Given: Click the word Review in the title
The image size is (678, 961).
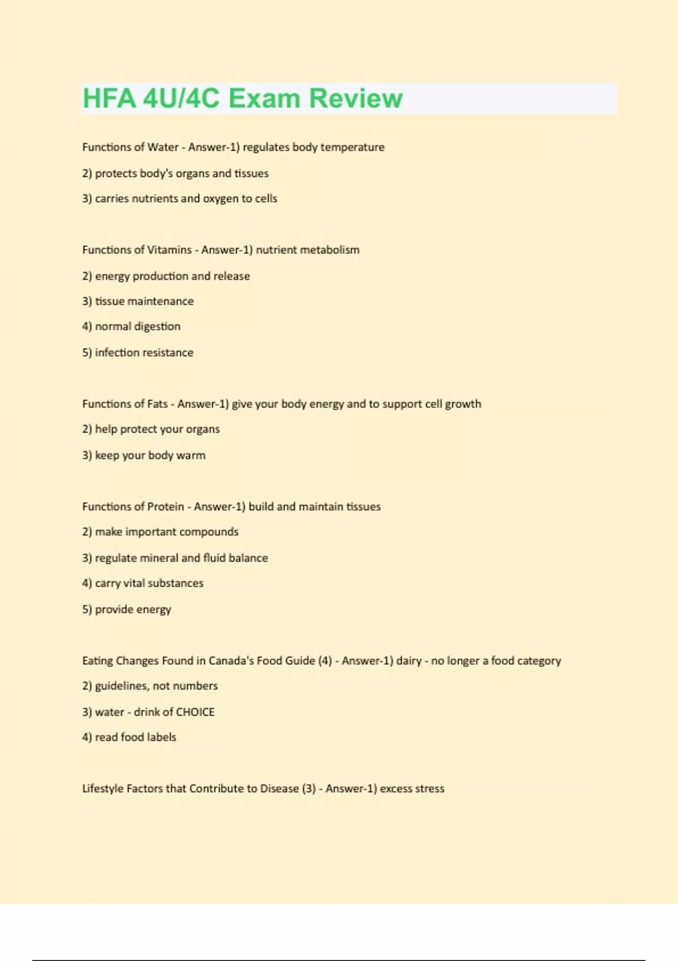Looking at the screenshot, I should click(356, 98).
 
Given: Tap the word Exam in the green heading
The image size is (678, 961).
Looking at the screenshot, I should click(264, 98).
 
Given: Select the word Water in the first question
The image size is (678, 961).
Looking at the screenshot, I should click(163, 147).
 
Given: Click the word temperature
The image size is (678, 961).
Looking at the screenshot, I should click(353, 147).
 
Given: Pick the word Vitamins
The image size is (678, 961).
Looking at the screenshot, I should click(169, 250).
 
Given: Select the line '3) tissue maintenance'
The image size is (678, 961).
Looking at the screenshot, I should click(138, 301).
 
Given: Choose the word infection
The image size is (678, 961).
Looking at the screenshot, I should click(117, 353).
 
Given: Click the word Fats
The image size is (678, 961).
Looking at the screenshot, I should click(158, 404).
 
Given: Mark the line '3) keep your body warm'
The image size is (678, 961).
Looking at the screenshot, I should click(144, 456).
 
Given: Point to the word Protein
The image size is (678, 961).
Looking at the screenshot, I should click(166, 507).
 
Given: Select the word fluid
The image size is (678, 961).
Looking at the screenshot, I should click(214, 558).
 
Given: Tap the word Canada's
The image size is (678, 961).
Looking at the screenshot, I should click(231, 661).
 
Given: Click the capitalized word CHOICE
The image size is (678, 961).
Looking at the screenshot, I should click(195, 712).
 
